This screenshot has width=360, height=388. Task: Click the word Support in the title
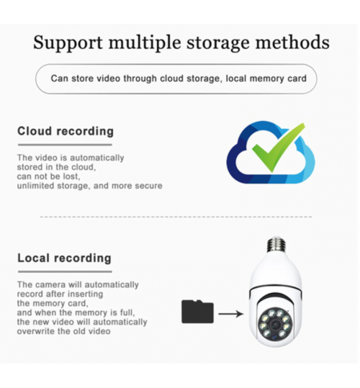point(68,43)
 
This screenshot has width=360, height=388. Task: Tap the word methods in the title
point(292,42)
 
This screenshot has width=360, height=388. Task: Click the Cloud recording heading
point(66,131)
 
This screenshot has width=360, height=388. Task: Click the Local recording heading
point(64,258)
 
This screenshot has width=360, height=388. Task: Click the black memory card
point(197,312)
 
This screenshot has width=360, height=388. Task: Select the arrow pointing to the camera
point(231,314)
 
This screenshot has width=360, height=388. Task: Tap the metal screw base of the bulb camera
point(276,244)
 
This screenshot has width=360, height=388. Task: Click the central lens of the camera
point(274,325)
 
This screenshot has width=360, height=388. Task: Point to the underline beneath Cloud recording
point(65,145)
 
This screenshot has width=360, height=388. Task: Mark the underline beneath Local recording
point(65,271)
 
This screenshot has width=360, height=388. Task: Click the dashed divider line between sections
point(176,217)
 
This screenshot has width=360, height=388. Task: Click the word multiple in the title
point(145,43)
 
